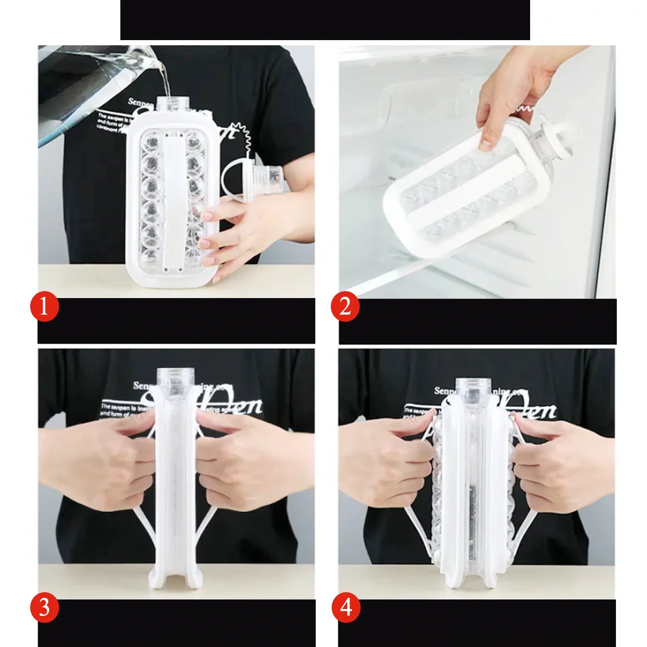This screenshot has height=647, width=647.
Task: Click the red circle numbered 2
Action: [345, 307]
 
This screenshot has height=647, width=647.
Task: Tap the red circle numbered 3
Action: [44, 607]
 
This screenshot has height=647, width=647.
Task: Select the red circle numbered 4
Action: [345, 607]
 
